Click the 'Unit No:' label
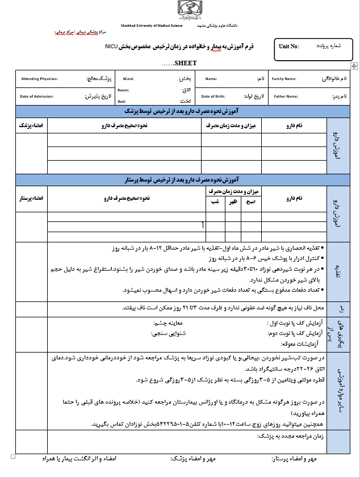click(288, 47)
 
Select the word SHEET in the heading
click(185, 63)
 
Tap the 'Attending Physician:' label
click(39, 79)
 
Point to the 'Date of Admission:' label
click(38, 97)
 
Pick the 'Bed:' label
click(122, 101)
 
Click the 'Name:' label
click(211, 79)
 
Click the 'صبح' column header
click(251, 202)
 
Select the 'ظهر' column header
click(233, 202)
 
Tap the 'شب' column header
click(215, 202)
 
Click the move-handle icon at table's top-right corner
click(354, 66)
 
